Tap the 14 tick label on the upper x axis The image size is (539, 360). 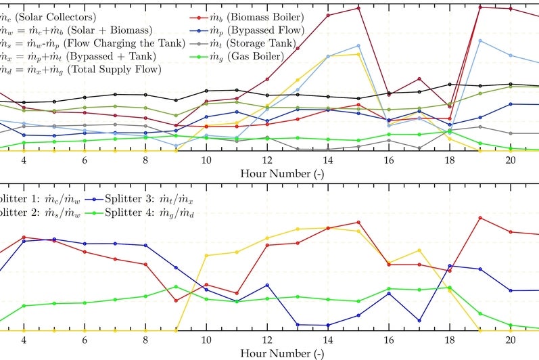(328, 160)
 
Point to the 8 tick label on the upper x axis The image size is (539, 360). (145, 160)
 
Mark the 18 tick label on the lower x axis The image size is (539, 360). (450, 340)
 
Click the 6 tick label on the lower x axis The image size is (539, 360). (85, 340)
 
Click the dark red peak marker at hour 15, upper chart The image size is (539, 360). (358, 7)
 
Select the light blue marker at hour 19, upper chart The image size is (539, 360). (480, 41)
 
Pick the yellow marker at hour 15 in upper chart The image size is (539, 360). (358, 54)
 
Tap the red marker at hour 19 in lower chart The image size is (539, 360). (480, 218)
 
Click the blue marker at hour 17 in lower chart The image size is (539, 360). (419, 321)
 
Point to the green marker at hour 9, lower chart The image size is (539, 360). (176, 287)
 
